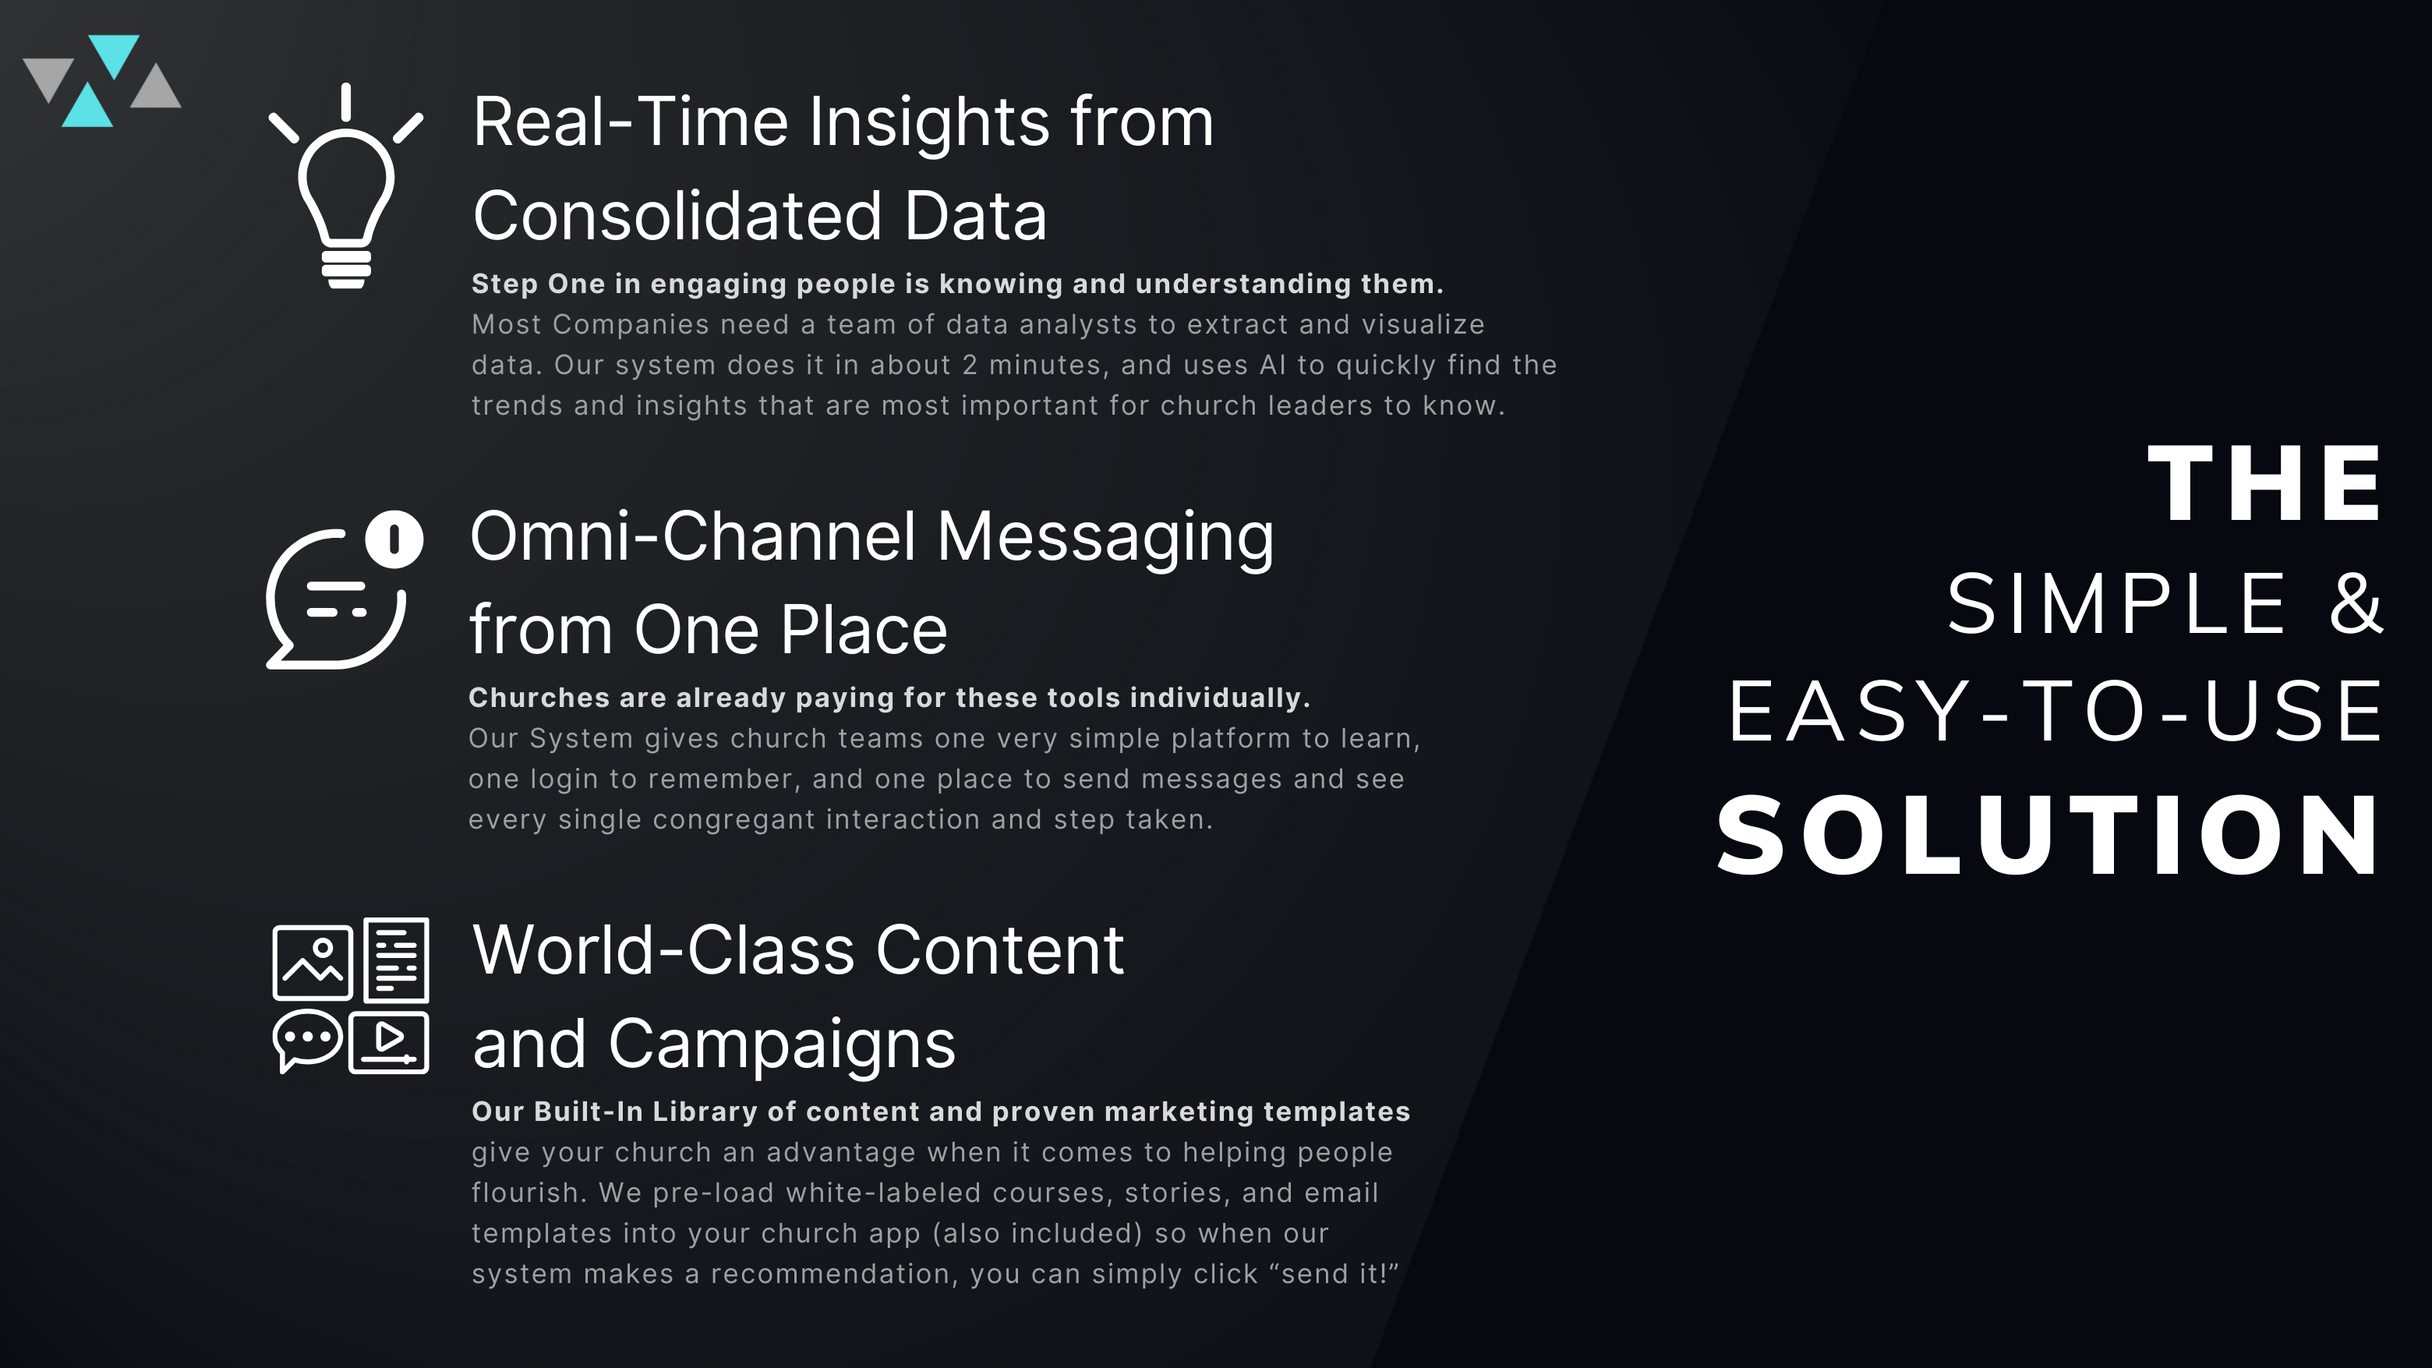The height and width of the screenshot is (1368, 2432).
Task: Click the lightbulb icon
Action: coord(345,186)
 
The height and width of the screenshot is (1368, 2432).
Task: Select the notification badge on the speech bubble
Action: coord(394,539)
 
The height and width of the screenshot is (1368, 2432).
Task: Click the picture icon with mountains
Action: coord(313,962)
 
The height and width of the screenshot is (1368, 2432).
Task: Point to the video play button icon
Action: coord(389,1042)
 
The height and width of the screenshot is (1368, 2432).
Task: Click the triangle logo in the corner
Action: coord(102,81)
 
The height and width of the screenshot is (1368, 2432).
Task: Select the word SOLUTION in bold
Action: coord(2048,835)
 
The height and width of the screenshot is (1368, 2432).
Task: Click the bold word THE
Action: coord(2264,483)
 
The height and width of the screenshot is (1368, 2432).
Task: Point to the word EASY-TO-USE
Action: coord(2055,711)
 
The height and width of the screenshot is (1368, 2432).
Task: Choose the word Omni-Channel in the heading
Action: coord(693,536)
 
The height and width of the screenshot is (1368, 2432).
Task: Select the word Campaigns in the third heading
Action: coord(782,1045)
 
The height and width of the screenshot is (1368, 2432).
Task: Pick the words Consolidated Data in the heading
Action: coord(760,216)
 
